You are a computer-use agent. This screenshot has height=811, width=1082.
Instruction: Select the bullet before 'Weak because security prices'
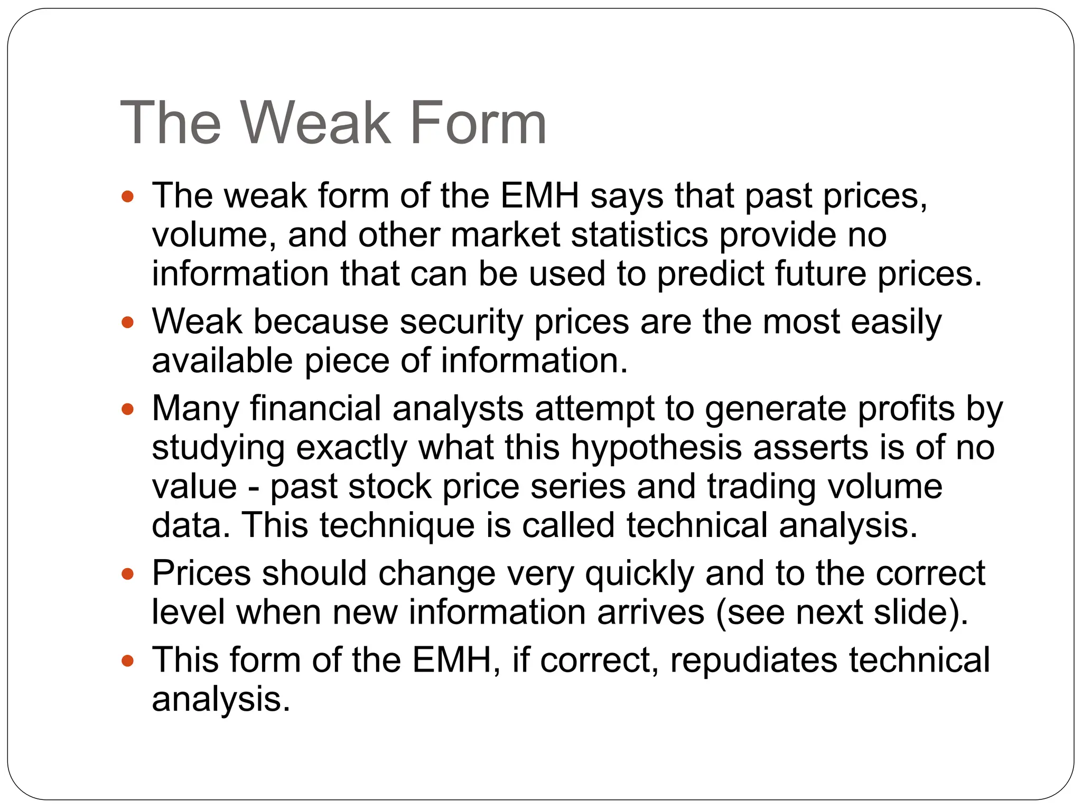(x=128, y=323)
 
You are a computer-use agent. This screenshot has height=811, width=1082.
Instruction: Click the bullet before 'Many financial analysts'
(x=128, y=409)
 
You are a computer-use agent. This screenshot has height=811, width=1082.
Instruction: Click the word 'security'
(x=461, y=322)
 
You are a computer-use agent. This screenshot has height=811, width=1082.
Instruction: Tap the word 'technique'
(x=397, y=525)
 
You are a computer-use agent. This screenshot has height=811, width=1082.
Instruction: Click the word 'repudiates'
(x=754, y=661)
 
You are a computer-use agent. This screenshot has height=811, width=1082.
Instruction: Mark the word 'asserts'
(x=811, y=448)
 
